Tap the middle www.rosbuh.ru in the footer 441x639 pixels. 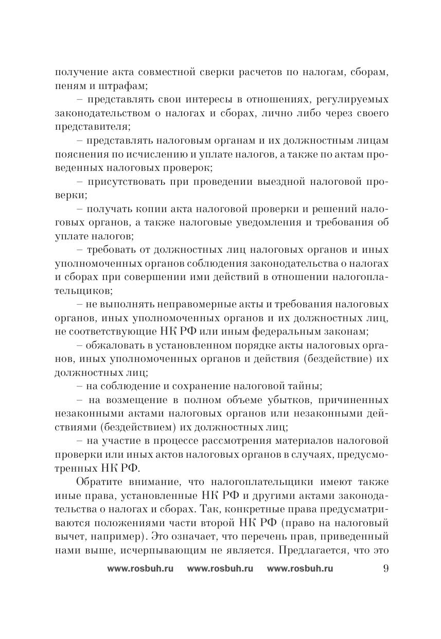coord(220,568)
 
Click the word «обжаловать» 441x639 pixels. coord(113,343)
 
